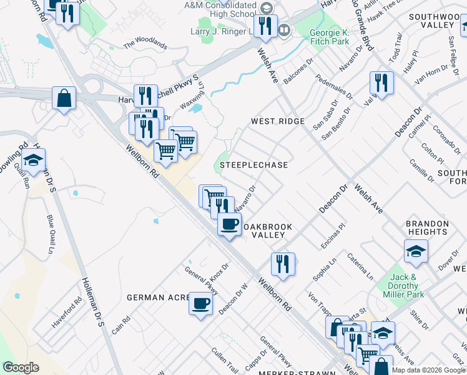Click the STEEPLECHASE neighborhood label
pos(253,165)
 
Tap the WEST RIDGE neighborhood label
pos(278,121)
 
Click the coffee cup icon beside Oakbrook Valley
pos(229,224)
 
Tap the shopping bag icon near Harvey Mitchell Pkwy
pos(64,98)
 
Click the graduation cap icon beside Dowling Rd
pos(34,161)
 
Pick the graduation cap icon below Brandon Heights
pos(416,251)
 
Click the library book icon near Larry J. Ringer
pos(284,29)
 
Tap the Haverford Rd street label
pos(67,310)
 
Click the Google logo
pos(21,367)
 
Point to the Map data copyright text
pos(428,370)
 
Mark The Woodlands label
pos(145,44)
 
